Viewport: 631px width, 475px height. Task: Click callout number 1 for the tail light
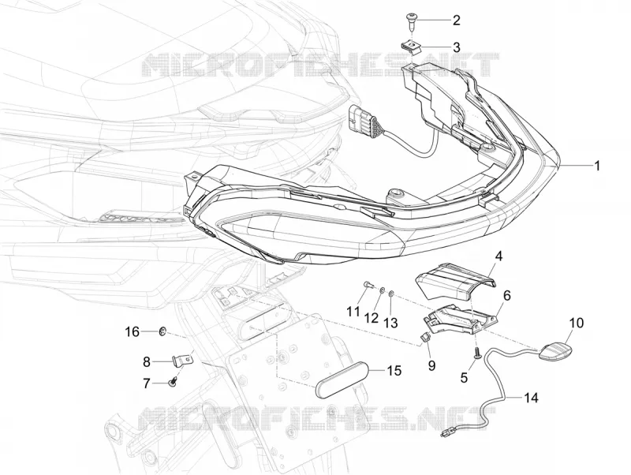pos(597,166)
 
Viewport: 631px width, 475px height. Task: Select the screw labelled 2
pos(411,21)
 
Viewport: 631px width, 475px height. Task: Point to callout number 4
pos(498,256)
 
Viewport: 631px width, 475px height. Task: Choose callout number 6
pos(506,296)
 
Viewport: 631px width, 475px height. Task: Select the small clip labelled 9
pos(424,338)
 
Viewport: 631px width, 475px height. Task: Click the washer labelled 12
pos(382,290)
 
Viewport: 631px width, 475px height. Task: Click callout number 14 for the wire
pos(531,398)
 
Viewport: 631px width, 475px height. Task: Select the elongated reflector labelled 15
pos(342,379)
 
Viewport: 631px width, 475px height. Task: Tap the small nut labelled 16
pos(162,331)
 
